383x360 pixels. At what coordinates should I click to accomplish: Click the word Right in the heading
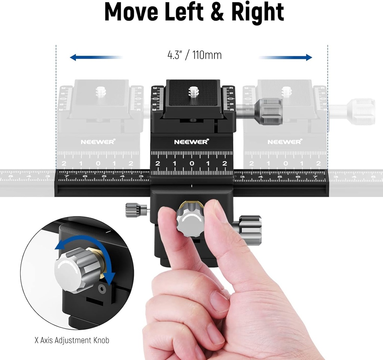click(x=258, y=12)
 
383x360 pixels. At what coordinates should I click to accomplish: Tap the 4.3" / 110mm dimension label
click(x=194, y=55)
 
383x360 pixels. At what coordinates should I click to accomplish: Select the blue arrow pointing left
click(x=96, y=58)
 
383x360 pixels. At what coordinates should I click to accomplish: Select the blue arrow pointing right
click(x=286, y=57)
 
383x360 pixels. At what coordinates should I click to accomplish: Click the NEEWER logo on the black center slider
click(x=191, y=142)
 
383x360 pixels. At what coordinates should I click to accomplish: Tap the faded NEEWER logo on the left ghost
click(x=98, y=142)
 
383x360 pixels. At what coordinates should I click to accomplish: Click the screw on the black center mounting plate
click(x=193, y=92)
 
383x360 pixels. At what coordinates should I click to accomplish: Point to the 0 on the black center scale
click(x=191, y=163)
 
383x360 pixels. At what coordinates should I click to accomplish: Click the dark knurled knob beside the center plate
click(x=270, y=111)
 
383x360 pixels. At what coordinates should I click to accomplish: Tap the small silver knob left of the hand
click(x=133, y=210)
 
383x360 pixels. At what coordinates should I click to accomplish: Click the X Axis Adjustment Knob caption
click(x=72, y=340)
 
